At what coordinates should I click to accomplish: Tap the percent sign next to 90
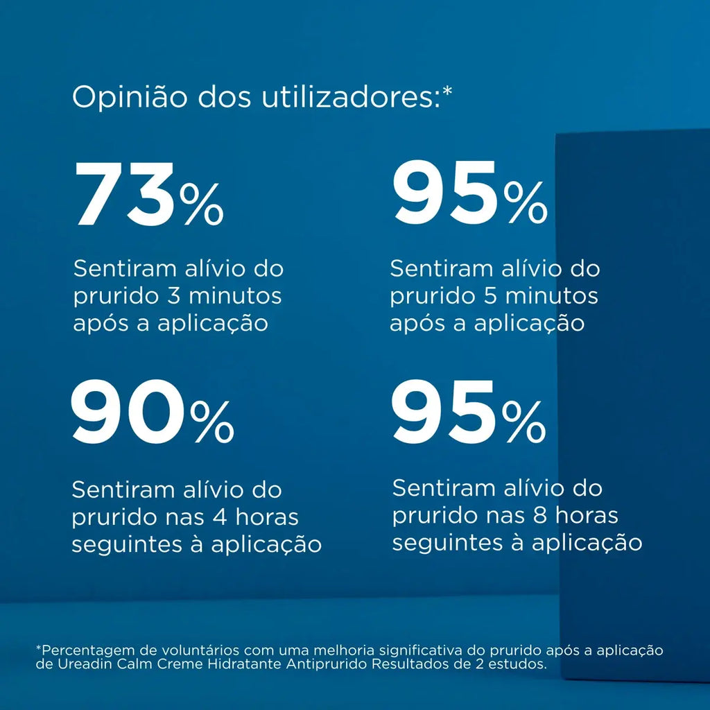(212, 422)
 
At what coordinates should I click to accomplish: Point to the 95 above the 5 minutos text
(446, 193)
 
